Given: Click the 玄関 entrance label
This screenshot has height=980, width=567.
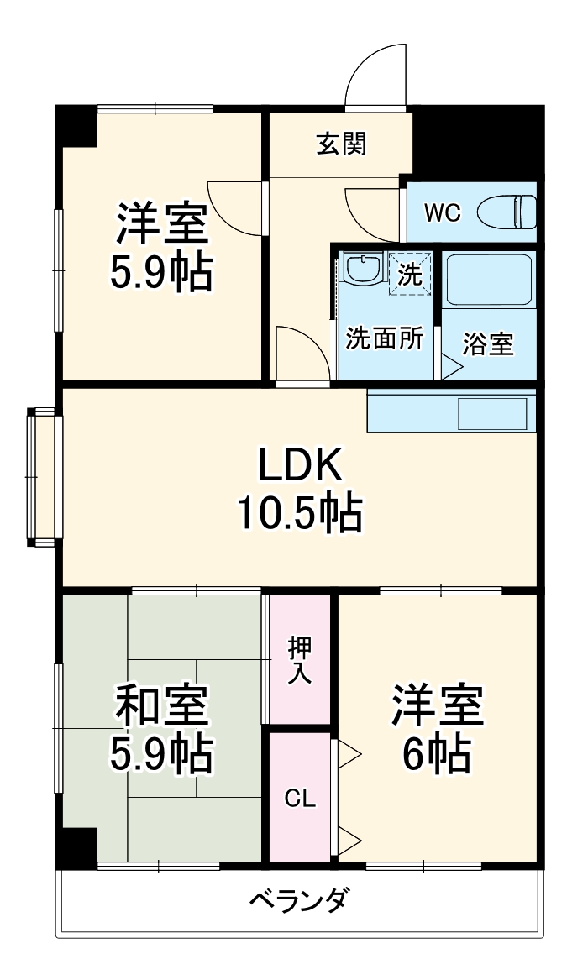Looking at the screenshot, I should [341, 144].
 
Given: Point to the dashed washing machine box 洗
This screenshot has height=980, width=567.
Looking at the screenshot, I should [410, 274].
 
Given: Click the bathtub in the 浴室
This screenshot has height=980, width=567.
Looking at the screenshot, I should [488, 280].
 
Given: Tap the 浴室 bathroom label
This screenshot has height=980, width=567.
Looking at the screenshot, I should [488, 343].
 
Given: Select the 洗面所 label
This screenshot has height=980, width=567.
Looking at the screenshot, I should [385, 338].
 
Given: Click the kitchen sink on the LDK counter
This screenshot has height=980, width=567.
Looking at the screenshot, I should [496, 414].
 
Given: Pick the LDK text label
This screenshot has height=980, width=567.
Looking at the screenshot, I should [299, 464].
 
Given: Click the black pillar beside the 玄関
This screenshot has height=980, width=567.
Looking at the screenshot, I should [475, 141].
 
